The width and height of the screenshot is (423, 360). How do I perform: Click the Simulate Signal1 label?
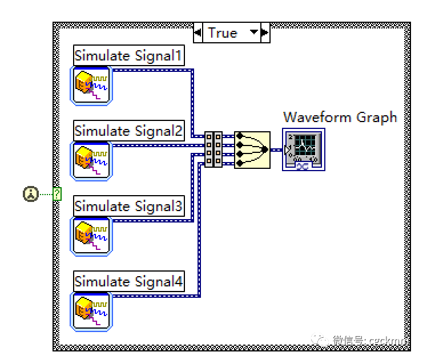128,56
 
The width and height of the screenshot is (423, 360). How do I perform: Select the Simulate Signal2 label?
128,131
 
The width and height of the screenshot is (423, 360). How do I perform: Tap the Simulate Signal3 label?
128,206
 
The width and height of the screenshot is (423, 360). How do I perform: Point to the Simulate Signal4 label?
128,281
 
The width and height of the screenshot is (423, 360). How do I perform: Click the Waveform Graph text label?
340,117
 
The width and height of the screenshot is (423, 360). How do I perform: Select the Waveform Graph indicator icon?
304,149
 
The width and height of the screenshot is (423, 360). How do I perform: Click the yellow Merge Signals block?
252,150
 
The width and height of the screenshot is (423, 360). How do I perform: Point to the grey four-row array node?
213,150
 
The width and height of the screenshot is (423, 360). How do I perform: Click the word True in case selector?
223,33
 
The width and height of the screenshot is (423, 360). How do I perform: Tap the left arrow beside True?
198,33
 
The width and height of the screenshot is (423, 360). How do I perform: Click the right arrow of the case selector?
265,33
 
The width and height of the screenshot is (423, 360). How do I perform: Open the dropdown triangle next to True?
253,33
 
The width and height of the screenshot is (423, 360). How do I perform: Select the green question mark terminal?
57,194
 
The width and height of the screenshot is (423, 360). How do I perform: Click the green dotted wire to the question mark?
45,194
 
